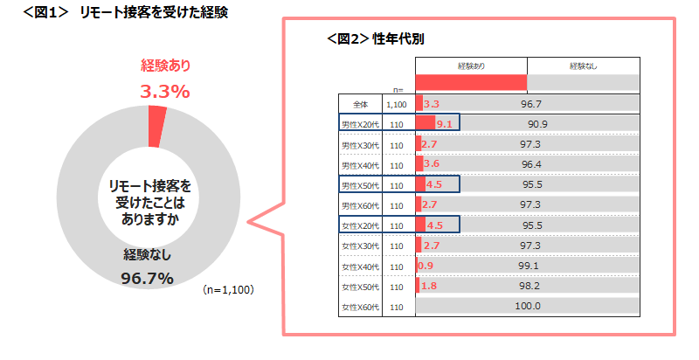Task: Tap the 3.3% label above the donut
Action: point(165,91)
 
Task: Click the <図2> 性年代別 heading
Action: point(376,39)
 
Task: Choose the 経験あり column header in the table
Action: point(471,66)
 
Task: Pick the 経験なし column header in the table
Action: point(583,66)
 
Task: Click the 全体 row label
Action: point(361,103)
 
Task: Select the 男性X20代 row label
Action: point(360,124)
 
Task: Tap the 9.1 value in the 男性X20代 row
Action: point(444,124)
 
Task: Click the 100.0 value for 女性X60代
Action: point(528,306)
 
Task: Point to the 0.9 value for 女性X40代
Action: point(426,266)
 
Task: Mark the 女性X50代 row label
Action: point(360,287)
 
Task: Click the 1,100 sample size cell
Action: point(397,103)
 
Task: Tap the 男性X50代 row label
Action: point(360,184)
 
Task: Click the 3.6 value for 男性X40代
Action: point(431,164)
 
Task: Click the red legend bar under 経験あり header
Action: point(471,82)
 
